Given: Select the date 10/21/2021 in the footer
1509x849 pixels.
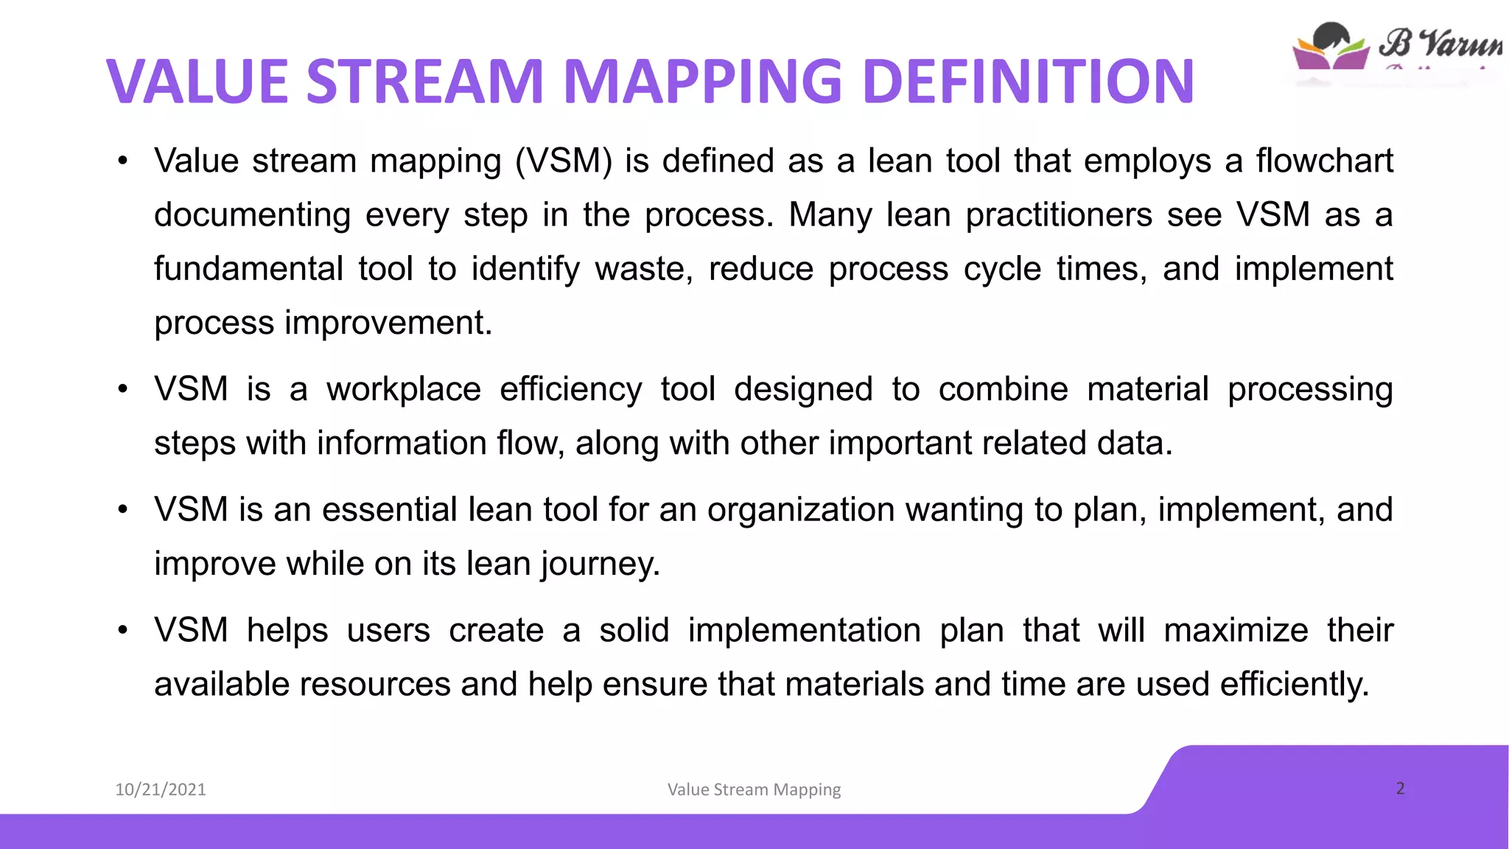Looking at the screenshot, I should (161, 789).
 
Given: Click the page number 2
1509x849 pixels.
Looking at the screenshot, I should (1400, 788).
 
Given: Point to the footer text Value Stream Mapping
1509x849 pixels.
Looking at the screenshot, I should (754, 789).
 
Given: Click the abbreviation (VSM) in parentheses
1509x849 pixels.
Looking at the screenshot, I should (564, 161).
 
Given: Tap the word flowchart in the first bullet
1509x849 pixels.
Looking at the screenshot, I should (1324, 161).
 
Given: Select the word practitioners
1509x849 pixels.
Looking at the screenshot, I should (1059, 215).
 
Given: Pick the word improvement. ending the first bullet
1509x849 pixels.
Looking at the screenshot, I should (388, 323).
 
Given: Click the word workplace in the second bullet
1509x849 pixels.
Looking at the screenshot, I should (404, 389).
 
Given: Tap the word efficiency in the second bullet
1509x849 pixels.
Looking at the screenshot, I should (570, 389).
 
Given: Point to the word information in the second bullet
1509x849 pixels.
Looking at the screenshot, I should (401, 443).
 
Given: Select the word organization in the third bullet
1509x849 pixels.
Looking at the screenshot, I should (801, 509).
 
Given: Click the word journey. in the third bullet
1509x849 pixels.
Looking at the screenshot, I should (600, 564).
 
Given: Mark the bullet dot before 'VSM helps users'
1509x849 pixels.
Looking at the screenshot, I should (123, 630).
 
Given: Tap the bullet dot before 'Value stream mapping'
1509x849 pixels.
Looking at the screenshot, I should (123, 161).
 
